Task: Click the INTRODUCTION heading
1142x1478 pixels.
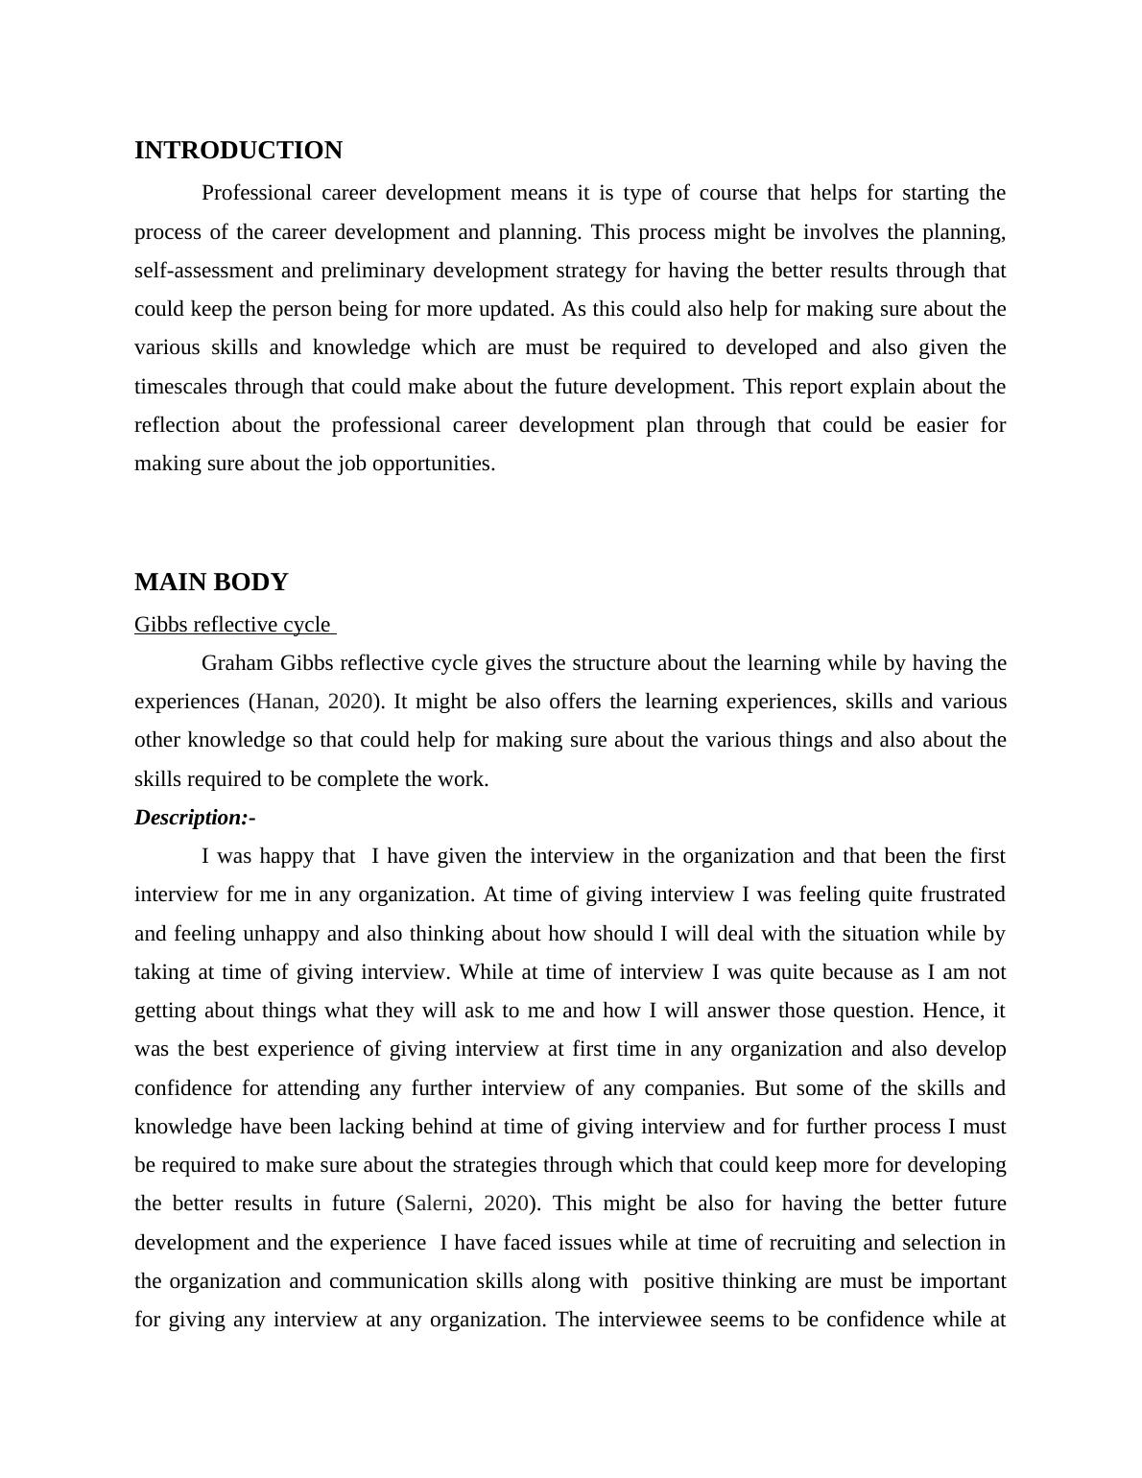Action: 238,151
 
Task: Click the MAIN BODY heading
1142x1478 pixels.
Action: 211,583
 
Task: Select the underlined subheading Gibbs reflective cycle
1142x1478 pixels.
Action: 233,625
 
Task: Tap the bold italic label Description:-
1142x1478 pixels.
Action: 195,818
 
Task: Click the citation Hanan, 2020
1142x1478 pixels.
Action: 314,702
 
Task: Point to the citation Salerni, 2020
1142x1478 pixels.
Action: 465,1204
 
